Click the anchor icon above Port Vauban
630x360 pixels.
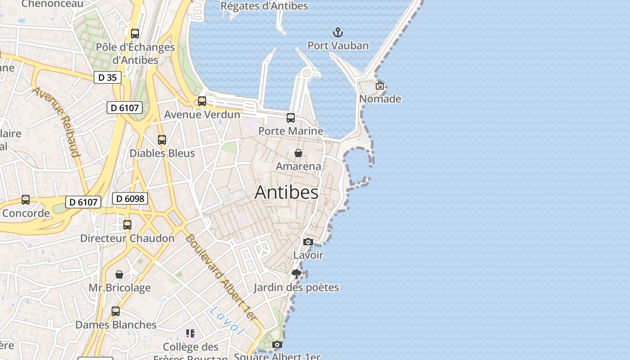337,32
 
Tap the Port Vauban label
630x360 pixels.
338,45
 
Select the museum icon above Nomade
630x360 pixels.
380,85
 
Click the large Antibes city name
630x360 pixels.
287,192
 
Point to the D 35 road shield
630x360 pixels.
108,77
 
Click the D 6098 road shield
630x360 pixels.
130,198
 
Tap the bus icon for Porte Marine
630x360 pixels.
291,118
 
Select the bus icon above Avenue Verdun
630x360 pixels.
202,101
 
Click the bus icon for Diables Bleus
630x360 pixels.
162,140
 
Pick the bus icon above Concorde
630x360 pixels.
26,200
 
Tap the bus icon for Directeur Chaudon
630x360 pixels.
127,225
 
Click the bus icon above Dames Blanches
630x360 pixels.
116,311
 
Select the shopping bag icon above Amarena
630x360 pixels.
298,153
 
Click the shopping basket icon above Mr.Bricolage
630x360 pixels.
119,274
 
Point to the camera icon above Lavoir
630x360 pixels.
308,242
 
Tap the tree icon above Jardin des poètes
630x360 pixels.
296,274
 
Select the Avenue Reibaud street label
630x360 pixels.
57,122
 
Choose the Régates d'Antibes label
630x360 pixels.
264,6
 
